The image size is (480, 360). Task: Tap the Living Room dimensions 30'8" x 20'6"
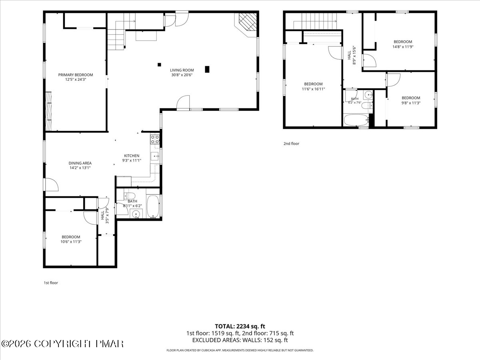click(x=182, y=75)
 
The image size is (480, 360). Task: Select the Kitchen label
click(x=132, y=156)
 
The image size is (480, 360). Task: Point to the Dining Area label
click(x=80, y=163)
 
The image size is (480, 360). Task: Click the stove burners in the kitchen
click(x=155, y=139)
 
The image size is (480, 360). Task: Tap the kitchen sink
click(x=155, y=156)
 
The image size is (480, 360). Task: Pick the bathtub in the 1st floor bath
click(x=153, y=206)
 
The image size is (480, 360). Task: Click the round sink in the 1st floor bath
click(x=136, y=214)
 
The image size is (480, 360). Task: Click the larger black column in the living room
click(x=207, y=69)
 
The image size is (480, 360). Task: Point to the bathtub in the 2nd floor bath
click(x=356, y=120)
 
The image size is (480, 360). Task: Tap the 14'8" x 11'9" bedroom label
click(x=403, y=44)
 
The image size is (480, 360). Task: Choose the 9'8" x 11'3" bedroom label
click(x=411, y=100)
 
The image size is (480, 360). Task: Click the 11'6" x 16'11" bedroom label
click(x=313, y=86)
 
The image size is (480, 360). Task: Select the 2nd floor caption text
click(x=291, y=144)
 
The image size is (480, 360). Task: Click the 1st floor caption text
click(x=51, y=283)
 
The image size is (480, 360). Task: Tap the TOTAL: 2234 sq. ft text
click(x=240, y=326)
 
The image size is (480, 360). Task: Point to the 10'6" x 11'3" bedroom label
click(x=71, y=239)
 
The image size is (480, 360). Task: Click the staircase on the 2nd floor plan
click(x=315, y=21)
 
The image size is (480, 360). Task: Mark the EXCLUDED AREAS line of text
click(x=240, y=340)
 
